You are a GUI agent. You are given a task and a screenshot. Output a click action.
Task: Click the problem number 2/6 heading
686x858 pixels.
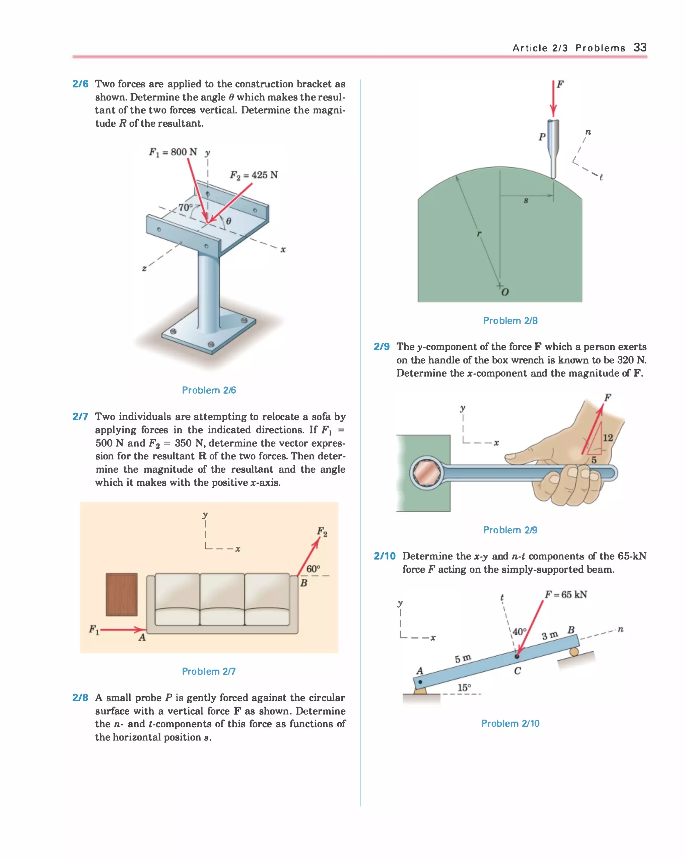80,84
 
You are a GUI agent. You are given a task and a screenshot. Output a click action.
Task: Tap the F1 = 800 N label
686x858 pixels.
173,152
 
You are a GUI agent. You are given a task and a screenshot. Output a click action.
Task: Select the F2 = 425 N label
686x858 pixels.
254,175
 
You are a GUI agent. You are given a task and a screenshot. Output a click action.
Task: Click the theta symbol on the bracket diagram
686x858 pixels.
228,221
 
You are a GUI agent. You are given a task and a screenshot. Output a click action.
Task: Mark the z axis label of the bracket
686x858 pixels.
144,269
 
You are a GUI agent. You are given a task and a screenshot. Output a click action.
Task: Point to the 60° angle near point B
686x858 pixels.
313,568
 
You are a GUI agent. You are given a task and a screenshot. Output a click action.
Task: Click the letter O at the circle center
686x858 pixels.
505,292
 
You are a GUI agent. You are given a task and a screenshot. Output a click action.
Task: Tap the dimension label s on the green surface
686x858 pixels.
526,201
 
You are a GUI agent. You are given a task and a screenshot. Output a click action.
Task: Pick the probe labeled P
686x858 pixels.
553,147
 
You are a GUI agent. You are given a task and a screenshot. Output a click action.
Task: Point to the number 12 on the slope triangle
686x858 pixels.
607,438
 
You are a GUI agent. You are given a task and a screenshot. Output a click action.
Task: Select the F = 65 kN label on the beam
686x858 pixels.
565,595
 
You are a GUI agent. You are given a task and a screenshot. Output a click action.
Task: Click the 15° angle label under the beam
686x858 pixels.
464,687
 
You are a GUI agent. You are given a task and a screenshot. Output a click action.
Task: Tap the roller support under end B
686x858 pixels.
573,652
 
